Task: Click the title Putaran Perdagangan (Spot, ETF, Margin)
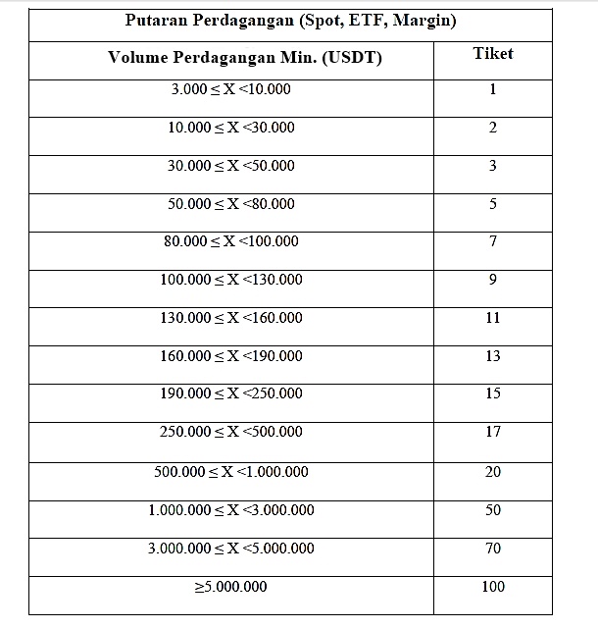(x=291, y=21)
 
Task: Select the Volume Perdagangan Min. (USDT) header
(x=231, y=57)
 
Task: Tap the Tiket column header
(x=492, y=53)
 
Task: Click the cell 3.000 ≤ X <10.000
(x=230, y=89)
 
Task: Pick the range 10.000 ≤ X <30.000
(x=230, y=128)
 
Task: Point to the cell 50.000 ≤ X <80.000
(x=230, y=204)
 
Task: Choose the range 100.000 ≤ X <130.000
(x=230, y=280)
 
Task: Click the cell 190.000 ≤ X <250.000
(x=230, y=393)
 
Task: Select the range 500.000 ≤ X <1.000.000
(x=230, y=472)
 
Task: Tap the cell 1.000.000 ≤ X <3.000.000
(x=230, y=510)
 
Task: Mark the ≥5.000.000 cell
(x=230, y=587)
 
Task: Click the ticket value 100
(x=493, y=587)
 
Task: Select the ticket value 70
(x=493, y=549)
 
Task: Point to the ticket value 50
(x=493, y=510)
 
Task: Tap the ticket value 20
(x=493, y=472)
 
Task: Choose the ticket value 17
(x=493, y=432)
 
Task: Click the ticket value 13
(x=493, y=356)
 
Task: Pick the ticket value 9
(x=493, y=280)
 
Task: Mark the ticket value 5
(x=493, y=204)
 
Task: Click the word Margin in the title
(x=421, y=21)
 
